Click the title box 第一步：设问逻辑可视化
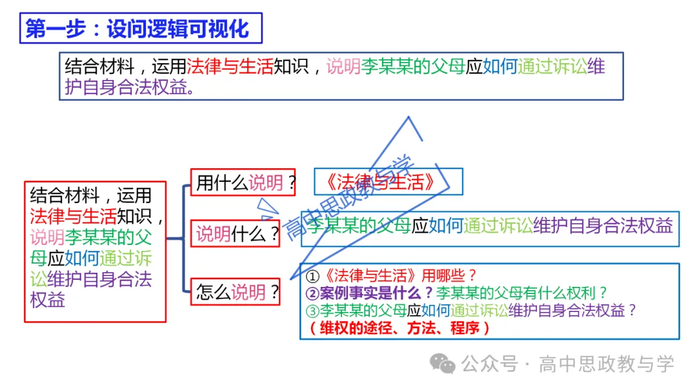(141, 29)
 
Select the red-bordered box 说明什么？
(237, 233)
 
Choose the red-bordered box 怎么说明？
(237, 292)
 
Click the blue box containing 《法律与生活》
(388, 182)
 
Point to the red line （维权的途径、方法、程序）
(399, 328)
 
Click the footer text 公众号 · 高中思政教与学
(568, 364)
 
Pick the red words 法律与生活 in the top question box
(230, 66)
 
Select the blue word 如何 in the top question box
(500, 66)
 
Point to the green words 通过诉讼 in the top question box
(552, 66)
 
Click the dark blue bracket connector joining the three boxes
(183, 238)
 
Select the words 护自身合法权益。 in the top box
(129, 87)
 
